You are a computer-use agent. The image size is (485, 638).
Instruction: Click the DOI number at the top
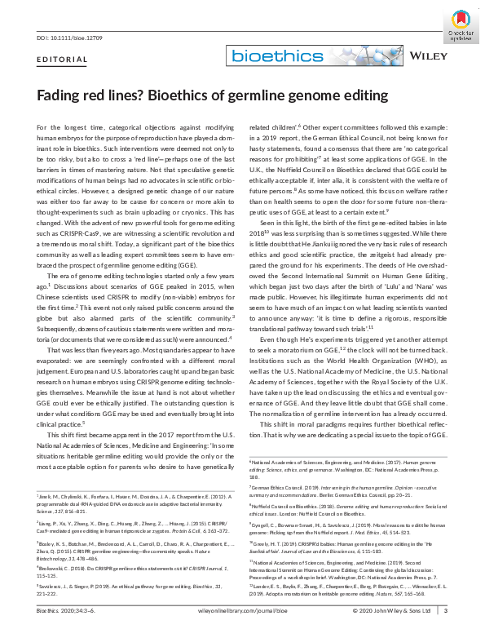tap(68, 38)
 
